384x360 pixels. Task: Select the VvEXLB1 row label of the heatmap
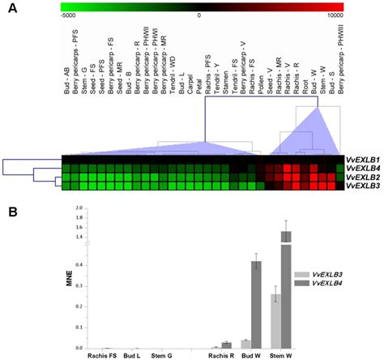coord(362,158)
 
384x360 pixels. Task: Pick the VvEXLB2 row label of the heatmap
coord(362,176)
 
